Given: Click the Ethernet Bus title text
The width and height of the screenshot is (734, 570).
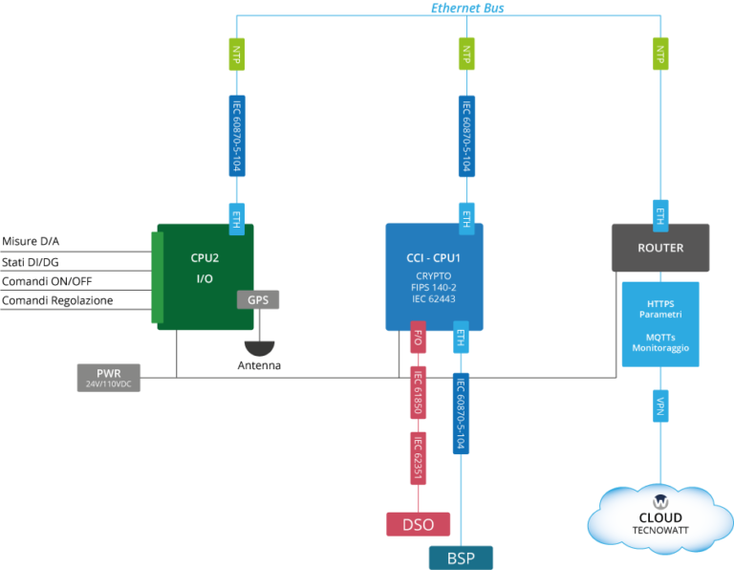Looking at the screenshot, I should coord(466,8).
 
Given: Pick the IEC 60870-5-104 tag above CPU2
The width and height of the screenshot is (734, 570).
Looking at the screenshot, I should coord(237,135).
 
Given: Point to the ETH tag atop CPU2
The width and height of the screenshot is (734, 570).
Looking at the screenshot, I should coord(237,218).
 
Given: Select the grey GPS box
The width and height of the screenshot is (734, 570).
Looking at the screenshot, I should coord(258,299).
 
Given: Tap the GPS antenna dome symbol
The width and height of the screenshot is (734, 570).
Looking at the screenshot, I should coord(258,348).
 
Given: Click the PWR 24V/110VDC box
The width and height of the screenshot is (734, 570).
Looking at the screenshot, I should coord(109,378).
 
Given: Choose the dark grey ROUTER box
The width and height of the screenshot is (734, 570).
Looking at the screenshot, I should coord(660,248).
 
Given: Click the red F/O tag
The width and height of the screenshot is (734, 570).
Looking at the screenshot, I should coord(418,338).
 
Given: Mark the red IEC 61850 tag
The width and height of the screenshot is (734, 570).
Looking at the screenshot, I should coord(418,392).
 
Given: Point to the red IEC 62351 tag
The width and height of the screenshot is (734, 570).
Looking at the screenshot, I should coord(418,458).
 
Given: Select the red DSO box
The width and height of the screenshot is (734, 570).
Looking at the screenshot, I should coord(418,523).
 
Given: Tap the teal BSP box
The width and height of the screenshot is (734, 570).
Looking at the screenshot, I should coord(461,557).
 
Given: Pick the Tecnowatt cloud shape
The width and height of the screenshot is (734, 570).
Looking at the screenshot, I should coord(660,517).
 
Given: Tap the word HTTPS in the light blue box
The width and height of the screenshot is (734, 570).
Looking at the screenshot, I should coord(659,304).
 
